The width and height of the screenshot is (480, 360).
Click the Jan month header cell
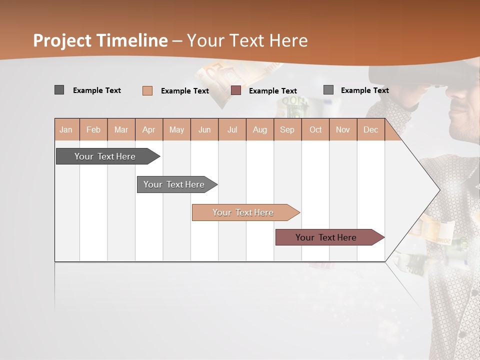(66, 129)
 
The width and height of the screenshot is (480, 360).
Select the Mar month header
(121, 129)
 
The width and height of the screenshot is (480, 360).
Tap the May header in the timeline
(176, 129)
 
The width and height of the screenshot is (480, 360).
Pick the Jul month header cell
(232, 129)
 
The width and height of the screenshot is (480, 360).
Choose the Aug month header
(259, 129)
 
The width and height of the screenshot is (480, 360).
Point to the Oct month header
(315, 129)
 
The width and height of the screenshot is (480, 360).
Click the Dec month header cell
(370, 129)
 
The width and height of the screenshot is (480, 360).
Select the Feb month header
(93, 129)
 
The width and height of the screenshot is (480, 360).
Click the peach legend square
(147, 90)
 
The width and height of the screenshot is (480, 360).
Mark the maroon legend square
(236, 90)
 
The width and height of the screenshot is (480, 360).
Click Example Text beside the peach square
(185, 91)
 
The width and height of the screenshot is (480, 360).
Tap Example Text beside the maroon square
(273, 91)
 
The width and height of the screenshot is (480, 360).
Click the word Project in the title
(62, 40)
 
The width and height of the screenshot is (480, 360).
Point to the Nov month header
(343, 129)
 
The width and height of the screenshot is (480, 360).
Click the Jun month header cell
(204, 129)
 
